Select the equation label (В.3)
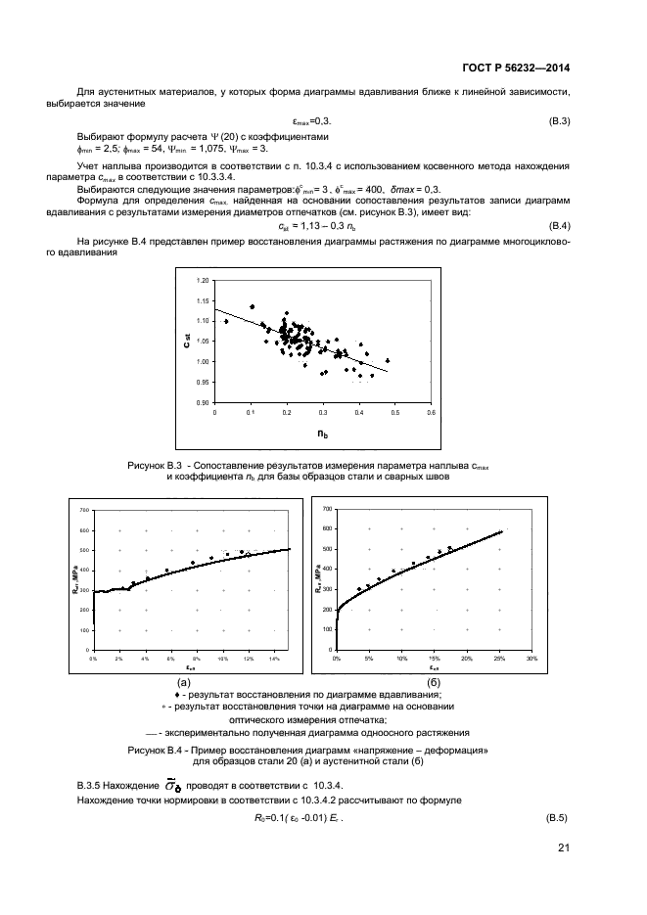558,120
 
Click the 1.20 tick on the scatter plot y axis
204,281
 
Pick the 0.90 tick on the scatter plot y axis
204,402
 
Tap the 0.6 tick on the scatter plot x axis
430,413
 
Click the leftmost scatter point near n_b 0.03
226,321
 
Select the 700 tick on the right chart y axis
326,509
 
